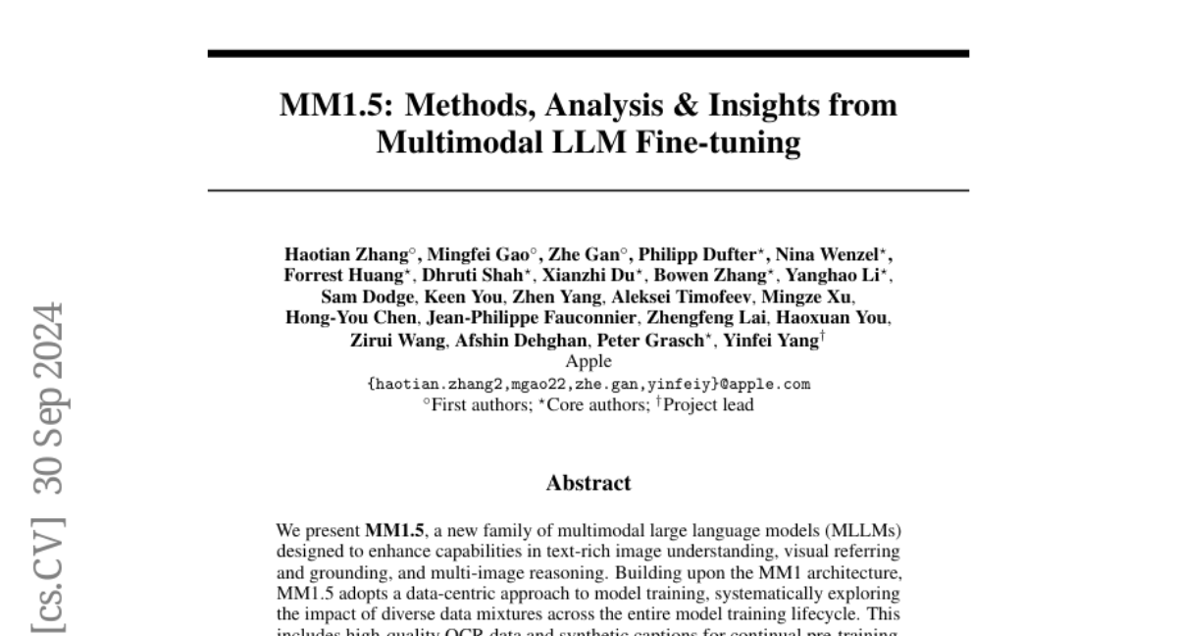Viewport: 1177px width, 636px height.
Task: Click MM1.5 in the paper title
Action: tap(335, 105)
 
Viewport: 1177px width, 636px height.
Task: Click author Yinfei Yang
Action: tap(769, 341)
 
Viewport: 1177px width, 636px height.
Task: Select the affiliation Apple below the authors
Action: tap(588, 361)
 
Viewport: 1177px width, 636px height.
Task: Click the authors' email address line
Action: tap(588, 384)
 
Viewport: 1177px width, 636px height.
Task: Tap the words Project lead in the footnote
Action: tap(708, 403)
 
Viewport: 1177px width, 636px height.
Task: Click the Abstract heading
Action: tap(588, 483)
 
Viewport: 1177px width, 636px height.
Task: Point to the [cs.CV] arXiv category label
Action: tap(46, 580)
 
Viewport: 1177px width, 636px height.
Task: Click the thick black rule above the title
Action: tap(588, 53)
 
